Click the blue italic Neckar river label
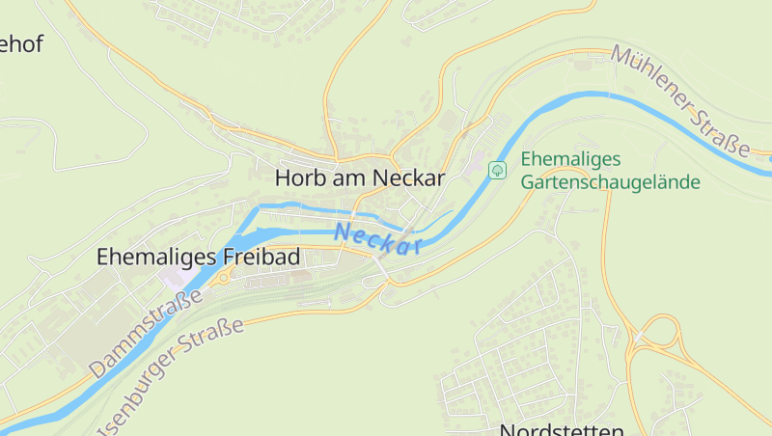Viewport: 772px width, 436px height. click(x=379, y=238)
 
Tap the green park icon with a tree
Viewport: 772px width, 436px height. click(x=498, y=170)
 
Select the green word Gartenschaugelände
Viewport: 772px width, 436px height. click(x=610, y=181)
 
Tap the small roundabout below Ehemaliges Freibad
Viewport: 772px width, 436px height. click(x=223, y=278)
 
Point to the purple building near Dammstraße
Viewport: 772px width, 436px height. click(x=177, y=279)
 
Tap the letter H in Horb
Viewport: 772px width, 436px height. click(x=283, y=178)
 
